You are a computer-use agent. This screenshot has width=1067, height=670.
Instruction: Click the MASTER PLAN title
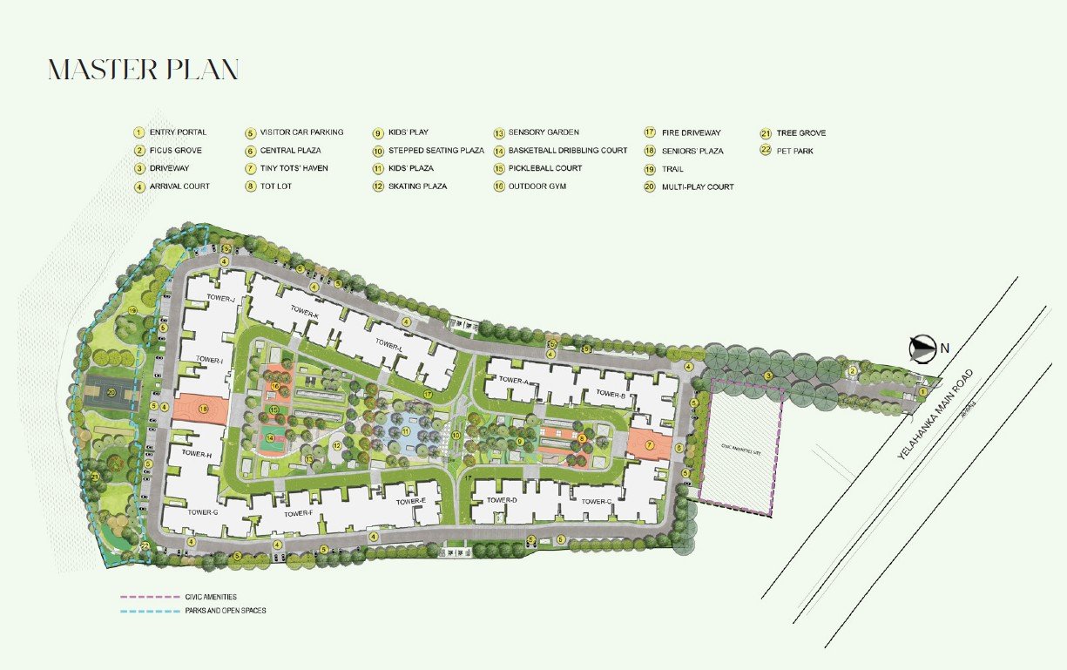coord(143,71)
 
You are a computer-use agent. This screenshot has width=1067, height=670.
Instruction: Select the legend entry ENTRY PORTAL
coord(178,132)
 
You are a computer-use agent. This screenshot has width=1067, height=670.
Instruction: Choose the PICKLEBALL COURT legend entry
coord(544,168)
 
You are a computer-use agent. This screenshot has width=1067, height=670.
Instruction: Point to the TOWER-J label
coord(222,299)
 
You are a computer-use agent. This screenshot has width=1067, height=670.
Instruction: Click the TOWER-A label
coord(513,381)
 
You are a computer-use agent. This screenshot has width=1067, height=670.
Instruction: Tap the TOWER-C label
coord(596,501)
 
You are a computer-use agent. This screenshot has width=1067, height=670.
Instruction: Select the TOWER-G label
coord(202,511)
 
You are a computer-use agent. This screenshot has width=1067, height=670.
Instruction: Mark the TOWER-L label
coord(389,344)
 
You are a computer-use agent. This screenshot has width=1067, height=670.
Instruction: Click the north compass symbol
coord(920,349)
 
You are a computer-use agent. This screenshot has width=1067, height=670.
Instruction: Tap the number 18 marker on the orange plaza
coord(204,409)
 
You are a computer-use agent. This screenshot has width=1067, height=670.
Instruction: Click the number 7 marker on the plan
coord(649,445)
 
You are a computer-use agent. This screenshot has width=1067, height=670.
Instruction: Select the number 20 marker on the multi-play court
coord(111,393)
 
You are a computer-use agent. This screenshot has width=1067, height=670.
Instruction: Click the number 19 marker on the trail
coord(133,310)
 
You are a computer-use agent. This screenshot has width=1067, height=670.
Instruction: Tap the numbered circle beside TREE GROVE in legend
coord(765,133)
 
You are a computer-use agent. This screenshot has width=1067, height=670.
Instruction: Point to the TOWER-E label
coord(410,502)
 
